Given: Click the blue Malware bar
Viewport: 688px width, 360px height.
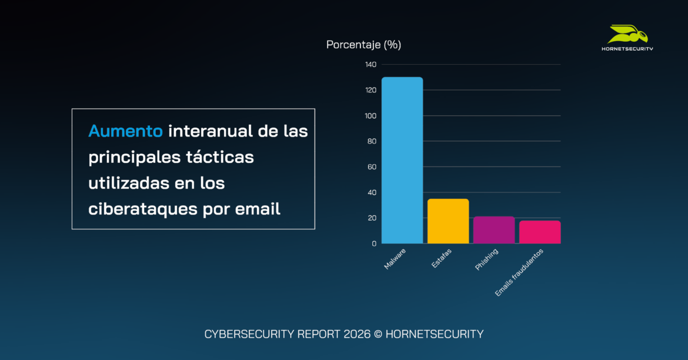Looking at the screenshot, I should coord(402,160).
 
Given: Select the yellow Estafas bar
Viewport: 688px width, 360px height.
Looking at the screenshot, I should coord(448,221).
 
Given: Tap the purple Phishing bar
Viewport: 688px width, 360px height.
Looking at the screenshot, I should coord(494,230).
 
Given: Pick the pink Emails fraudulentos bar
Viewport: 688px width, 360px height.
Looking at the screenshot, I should coord(540,232).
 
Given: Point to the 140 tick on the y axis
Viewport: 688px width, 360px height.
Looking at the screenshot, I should coord(370,65).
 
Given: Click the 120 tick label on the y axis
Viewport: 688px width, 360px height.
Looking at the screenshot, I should coord(370,90).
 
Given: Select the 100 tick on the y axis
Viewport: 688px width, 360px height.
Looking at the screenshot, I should coord(370,116).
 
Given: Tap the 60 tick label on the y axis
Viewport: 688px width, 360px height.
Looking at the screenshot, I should coord(372,167).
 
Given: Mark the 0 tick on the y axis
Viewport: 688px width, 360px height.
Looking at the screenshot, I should coord(374,244).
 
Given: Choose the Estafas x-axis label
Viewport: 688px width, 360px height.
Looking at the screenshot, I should coord(442,259).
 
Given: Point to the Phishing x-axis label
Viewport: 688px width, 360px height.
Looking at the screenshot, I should coord(487,260).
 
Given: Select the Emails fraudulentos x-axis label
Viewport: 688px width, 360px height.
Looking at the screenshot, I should coord(519,272).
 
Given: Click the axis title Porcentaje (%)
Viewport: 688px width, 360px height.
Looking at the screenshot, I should coord(363,45).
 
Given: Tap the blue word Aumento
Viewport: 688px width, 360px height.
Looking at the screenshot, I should coord(125,131).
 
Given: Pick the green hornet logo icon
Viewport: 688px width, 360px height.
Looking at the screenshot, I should coord(627,34).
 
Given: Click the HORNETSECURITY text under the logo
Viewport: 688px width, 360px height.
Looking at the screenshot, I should coord(627,49).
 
